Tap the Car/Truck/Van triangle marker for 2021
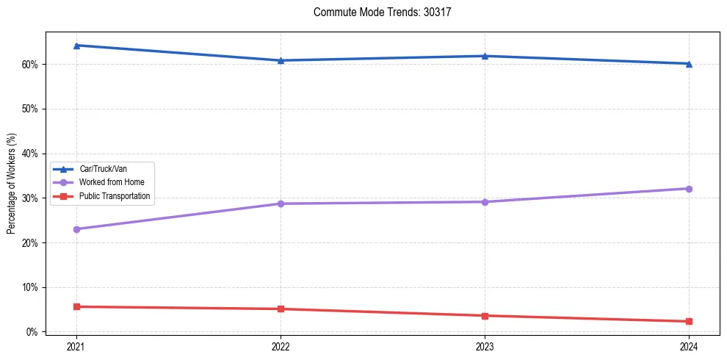click(x=76, y=46)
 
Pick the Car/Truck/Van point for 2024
click(x=689, y=64)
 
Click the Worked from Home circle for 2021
click(x=76, y=229)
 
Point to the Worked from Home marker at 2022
click(x=281, y=204)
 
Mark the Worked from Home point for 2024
click(x=689, y=189)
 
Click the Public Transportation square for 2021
click(x=76, y=306)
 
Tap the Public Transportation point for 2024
click(x=689, y=321)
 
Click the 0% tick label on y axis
click(x=32, y=332)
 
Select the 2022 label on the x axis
click(x=281, y=346)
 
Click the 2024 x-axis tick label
click(x=689, y=346)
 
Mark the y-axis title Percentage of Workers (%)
click(x=11, y=184)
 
